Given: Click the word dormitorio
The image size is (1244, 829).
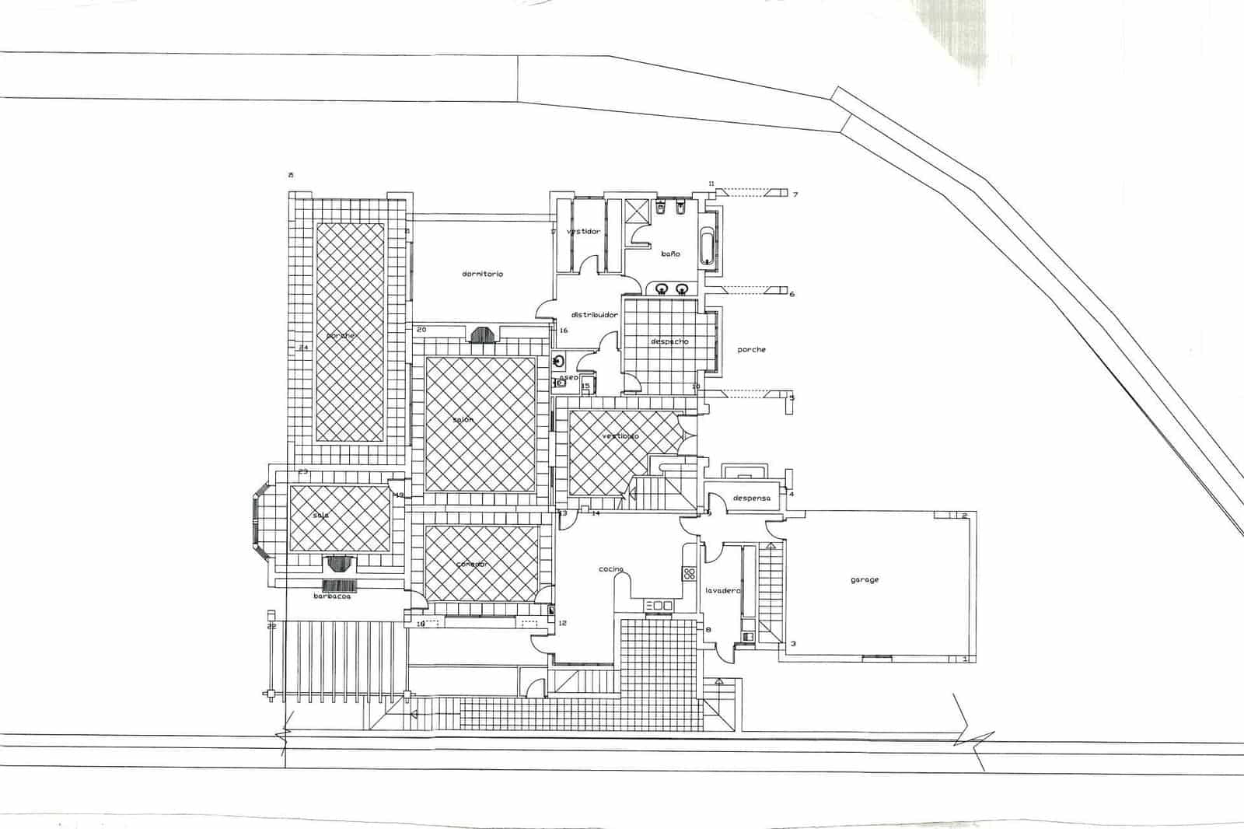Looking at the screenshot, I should point(482,274).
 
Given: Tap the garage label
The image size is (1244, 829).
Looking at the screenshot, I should point(865,579).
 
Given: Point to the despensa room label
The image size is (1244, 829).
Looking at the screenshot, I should point(751,498).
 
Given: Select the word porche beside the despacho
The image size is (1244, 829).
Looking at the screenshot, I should point(751,349).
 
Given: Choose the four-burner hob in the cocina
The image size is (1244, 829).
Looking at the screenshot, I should point(689,574).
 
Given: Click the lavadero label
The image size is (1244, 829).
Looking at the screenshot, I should point(722,590).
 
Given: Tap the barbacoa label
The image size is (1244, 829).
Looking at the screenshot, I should point(332,596).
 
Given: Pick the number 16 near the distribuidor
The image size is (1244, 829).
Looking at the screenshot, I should point(564,331).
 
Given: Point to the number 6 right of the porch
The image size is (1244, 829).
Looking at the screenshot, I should point(792,295).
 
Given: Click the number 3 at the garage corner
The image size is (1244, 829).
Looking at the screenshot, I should point(793,644).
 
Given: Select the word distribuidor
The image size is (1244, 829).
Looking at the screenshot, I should point(594,315).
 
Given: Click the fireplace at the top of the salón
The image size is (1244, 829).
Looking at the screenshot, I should point(483,334).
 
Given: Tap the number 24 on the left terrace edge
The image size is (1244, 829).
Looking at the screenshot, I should point(304,348).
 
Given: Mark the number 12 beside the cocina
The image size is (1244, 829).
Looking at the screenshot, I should point(562,624).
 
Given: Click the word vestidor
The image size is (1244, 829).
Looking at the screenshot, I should point(583,232).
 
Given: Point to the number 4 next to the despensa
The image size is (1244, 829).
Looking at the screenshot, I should point(791,495).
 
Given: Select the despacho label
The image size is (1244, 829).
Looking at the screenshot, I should point(669,341).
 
